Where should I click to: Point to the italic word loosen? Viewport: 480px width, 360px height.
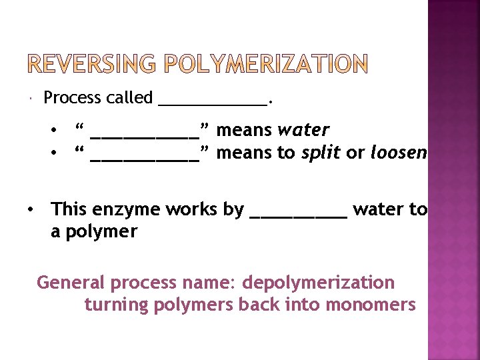tap(398, 153)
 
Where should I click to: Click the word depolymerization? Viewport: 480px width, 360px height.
tap(318, 283)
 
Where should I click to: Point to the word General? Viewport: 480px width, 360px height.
tap(71, 283)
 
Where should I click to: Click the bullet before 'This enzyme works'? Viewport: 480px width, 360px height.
tap(31, 209)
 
